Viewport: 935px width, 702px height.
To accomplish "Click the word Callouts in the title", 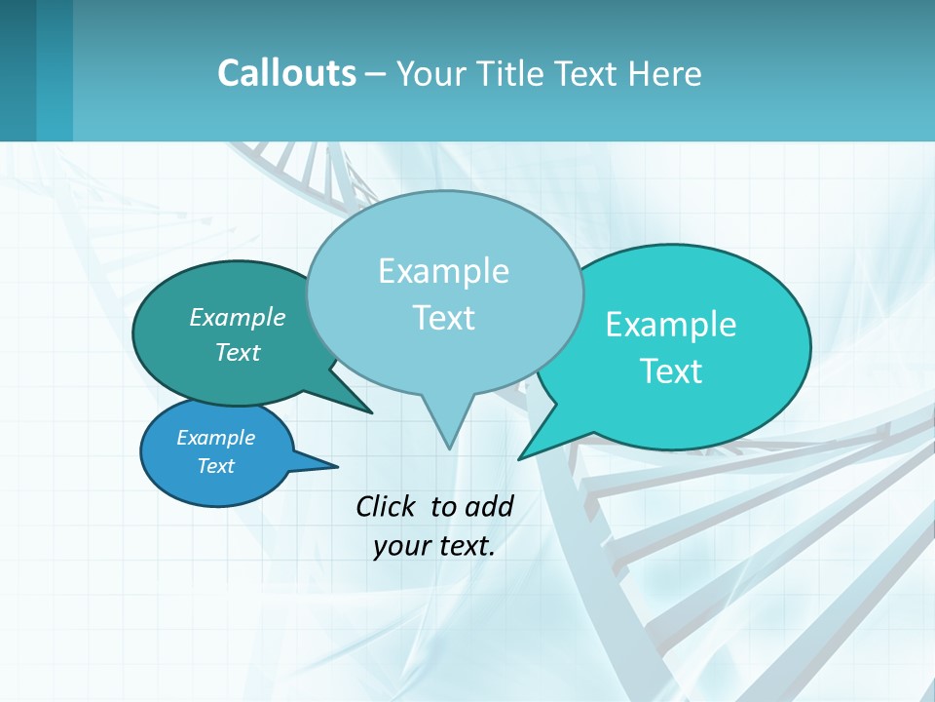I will point(286,73).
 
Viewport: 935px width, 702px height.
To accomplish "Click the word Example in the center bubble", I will point(443,271).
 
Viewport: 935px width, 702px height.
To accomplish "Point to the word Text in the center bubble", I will point(443,318).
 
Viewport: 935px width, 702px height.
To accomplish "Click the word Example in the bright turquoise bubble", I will point(671,325).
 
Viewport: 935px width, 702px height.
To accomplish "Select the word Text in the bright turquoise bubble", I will point(671,371).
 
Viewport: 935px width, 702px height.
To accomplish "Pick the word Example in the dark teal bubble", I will point(237,317).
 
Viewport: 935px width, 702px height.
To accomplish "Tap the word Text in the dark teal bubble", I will point(237,352).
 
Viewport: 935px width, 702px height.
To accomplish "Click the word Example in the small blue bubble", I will point(215,438).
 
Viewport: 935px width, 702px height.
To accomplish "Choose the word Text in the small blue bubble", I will point(215,466).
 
